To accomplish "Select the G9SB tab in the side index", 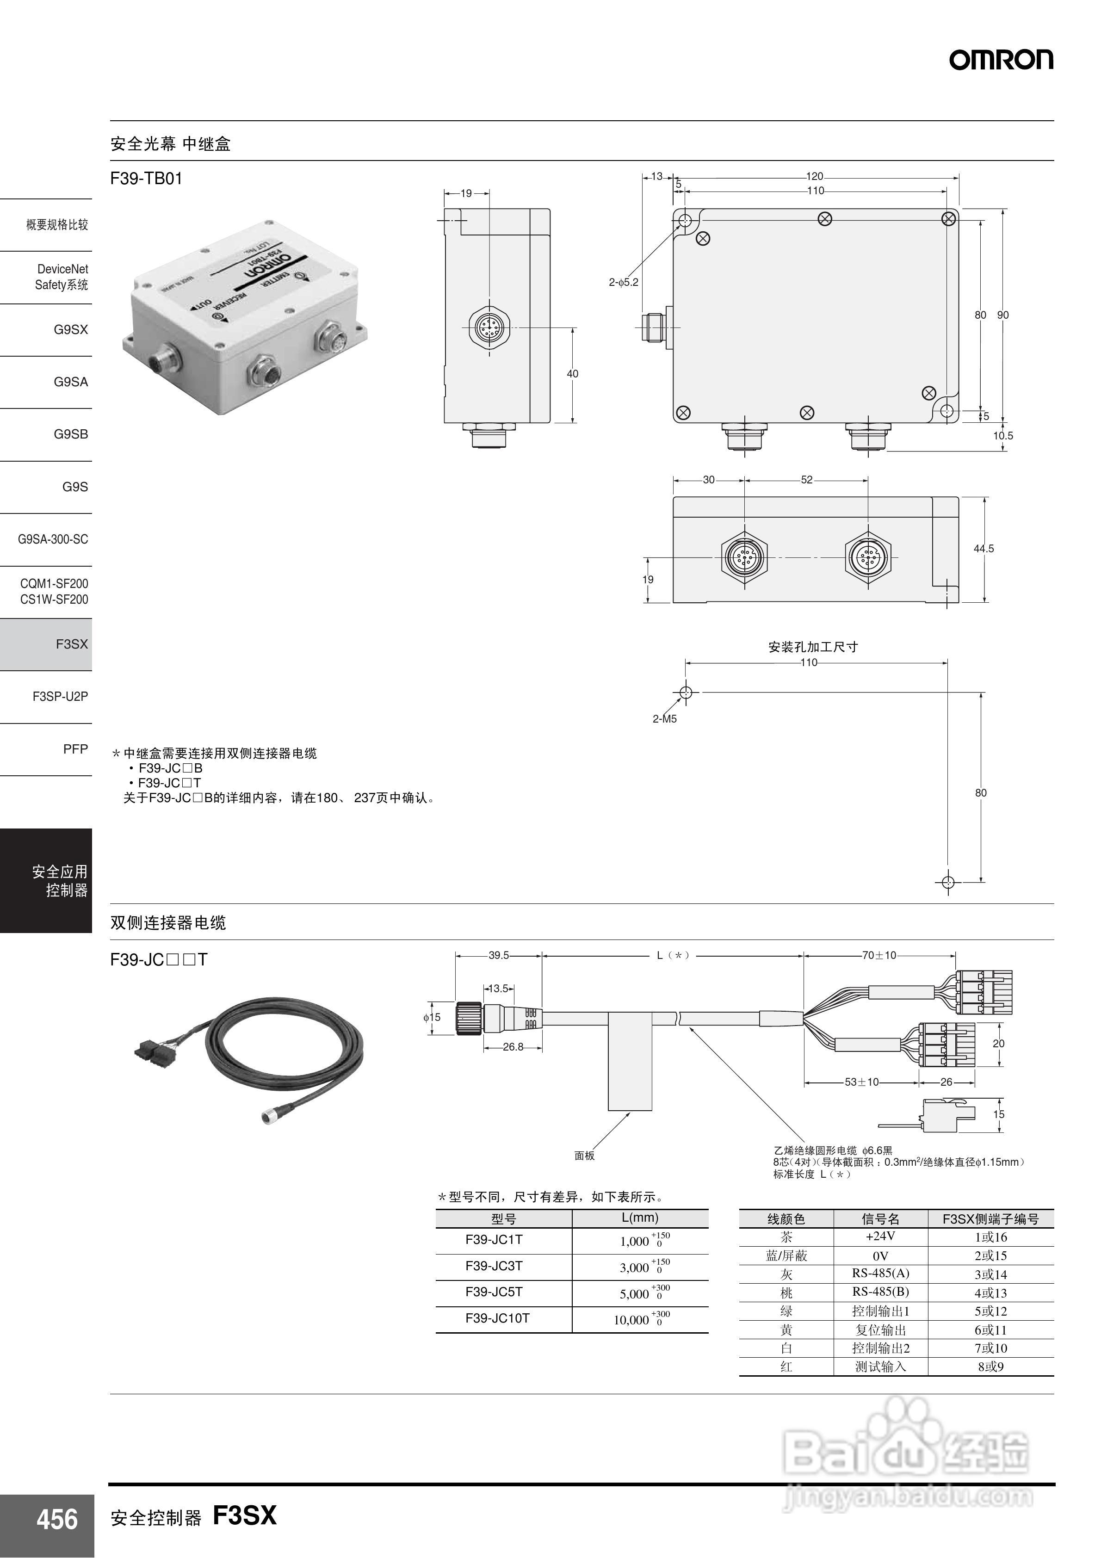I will click(71, 434).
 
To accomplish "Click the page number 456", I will click(57, 1519).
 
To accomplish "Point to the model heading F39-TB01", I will click(147, 179).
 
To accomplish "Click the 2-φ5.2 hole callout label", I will click(623, 282).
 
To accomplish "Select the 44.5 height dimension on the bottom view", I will click(983, 548).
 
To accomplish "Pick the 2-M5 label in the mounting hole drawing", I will click(665, 718).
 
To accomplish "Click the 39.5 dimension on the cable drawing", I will click(498, 955).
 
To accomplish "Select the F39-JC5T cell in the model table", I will click(494, 1292).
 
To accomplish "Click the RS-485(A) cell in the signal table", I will click(880, 1273).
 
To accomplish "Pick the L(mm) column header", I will click(639, 1218).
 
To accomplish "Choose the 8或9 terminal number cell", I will click(990, 1366).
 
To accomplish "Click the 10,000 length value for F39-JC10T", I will click(631, 1320).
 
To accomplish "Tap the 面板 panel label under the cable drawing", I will click(584, 1155).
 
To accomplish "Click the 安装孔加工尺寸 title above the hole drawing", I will click(812, 647).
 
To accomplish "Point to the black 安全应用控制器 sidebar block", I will click(46, 880).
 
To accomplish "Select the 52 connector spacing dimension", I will click(806, 480).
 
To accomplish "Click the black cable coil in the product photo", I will click(285, 1048).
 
